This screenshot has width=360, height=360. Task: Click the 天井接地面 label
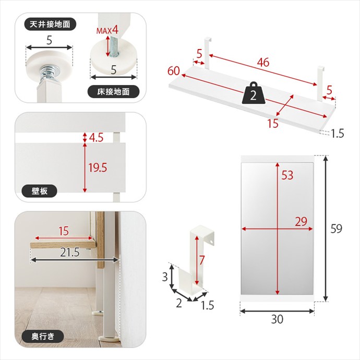point(50,25)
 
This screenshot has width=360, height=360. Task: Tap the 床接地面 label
point(113,92)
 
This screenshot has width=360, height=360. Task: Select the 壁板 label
point(39,191)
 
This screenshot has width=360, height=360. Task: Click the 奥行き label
point(43,337)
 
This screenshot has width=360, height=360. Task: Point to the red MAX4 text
point(107,30)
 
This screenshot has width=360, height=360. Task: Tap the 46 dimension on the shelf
point(263,62)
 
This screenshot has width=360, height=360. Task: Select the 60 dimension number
point(173,71)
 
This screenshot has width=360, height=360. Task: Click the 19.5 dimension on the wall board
point(98,168)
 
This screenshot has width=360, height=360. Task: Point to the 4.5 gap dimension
point(96,138)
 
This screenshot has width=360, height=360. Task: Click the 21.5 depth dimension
point(70,253)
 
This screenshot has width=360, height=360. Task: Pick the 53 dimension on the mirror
point(287,175)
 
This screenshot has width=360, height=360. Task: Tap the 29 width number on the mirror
point(301,222)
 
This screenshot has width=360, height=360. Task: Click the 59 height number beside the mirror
point(336,229)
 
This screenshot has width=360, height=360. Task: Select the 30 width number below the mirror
point(277,319)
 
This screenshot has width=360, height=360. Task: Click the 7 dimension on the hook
point(201,260)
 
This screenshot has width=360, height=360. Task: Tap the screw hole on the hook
point(211,241)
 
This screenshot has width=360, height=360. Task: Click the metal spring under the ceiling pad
point(49,72)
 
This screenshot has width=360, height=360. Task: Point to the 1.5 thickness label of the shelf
point(337,134)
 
